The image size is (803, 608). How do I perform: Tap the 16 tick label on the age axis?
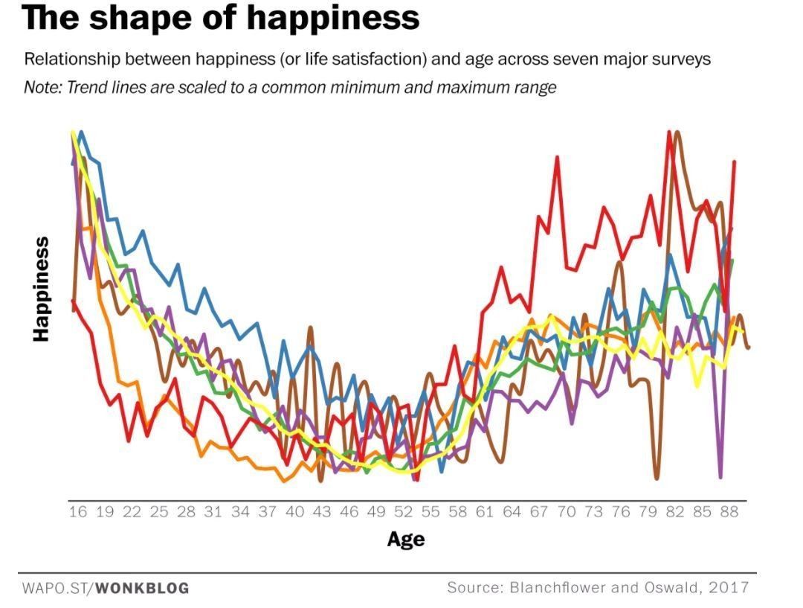coord(77,512)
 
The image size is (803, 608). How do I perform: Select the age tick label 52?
coord(404,512)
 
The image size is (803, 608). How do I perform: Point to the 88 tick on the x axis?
coord(730,512)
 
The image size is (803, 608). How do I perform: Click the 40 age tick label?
coord(294,512)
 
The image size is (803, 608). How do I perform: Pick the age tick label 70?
coord(567,512)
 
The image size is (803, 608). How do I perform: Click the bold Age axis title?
coord(405,539)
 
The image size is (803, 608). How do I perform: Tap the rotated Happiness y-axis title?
coord(41,289)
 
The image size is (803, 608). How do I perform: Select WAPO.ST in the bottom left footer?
coord(54,589)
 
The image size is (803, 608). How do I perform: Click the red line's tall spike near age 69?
coord(556,158)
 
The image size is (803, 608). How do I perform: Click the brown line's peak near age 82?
coord(677,134)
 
